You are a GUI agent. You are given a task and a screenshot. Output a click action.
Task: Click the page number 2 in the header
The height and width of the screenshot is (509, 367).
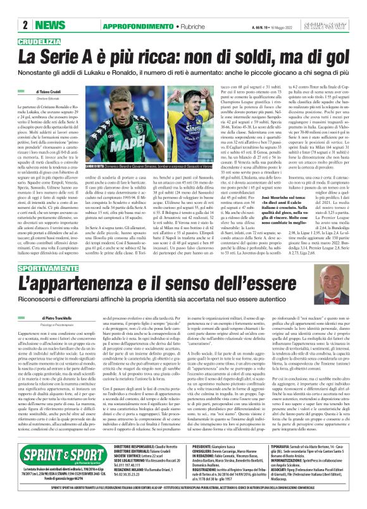tap(25, 25)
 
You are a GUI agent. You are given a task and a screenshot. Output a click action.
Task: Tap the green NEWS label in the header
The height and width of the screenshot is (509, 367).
tap(46, 25)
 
